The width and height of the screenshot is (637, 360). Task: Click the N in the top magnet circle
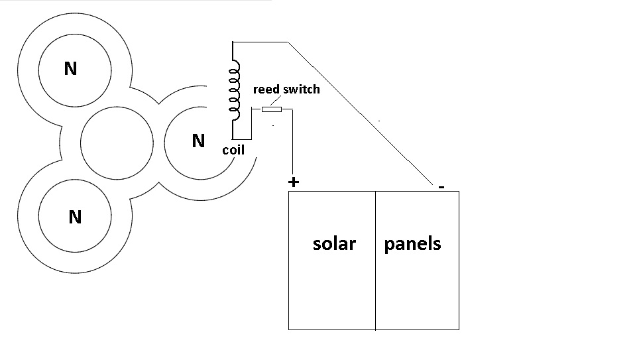tap(70, 68)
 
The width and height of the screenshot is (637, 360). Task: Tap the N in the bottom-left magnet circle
tap(75, 217)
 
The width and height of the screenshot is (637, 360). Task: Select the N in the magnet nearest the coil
tap(198, 141)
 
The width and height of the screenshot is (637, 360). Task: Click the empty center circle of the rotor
tap(117, 143)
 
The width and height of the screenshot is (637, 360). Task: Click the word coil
tap(233, 150)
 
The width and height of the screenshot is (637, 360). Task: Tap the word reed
tap(267, 90)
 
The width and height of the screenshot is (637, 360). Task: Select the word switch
tap(302, 90)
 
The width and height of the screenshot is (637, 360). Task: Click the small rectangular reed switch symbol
tap(272, 109)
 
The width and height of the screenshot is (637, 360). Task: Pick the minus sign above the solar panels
tap(441, 186)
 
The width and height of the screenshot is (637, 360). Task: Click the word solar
tap(334, 244)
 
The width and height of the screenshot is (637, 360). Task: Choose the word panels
tap(412, 244)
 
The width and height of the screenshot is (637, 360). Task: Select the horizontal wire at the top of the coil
tap(260, 42)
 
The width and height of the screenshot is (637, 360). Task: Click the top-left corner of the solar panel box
tap(289, 192)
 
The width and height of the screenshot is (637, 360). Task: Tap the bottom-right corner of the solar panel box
tap(459, 330)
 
